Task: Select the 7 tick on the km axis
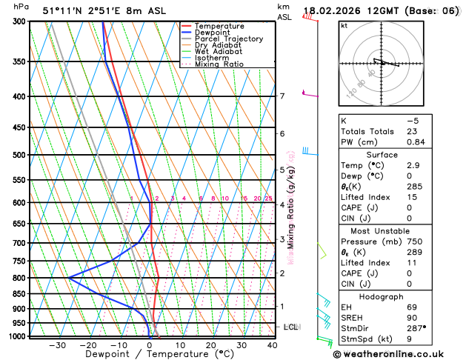coord(282,96)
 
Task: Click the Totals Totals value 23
coord(412,131)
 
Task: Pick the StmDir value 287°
coord(416,327)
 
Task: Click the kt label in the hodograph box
coord(344,26)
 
